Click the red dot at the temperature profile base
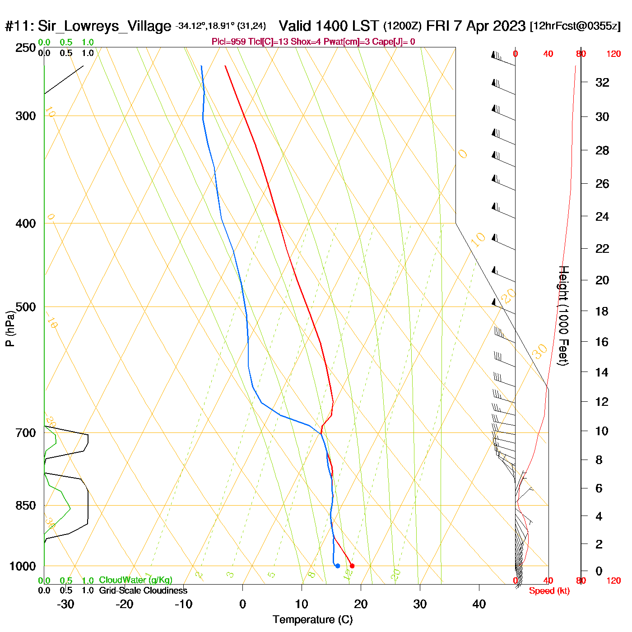click(352, 566)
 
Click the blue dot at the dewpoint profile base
click(338, 566)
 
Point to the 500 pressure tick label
click(26, 307)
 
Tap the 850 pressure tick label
click(26, 506)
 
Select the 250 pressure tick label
click(26, 48)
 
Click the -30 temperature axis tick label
click(65, 604)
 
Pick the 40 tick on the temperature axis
click(479, 604)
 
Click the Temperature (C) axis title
click(312, 620)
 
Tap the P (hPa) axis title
click(10, 328)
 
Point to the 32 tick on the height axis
click(602, 83)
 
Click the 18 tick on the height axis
click(602, 311)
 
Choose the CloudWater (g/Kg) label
click(135, 580)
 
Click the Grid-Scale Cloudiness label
click(143, 590)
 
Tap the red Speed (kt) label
click(549, 591)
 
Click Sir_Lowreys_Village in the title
click(104, 26)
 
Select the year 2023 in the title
click(509, 26)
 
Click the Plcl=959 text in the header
click(229, 42)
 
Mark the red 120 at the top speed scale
click(613, 54)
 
